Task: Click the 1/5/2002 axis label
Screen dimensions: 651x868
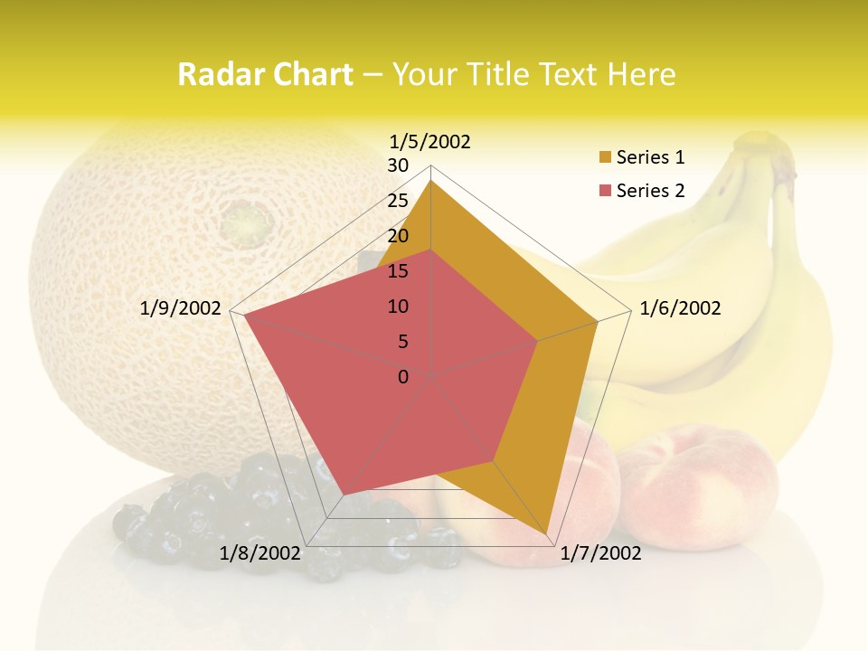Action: click(430, 141)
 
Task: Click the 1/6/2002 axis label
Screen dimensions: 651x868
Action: click(680, 308)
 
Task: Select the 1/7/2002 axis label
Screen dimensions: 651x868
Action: click(600, 552)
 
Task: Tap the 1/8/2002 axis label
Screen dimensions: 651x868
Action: click(259, 552)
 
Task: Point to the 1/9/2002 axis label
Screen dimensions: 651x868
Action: click(181, 308)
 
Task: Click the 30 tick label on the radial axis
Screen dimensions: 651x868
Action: click(398, 165)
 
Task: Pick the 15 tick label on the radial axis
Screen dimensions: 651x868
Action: click(398, 271)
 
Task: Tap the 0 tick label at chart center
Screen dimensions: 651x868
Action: click(403, 376)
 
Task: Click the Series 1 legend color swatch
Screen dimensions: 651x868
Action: click(605, 158)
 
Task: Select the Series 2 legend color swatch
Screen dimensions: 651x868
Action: click(605, 191)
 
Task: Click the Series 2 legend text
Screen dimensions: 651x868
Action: click(650, 191)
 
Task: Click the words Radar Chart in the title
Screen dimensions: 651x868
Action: click(265, 74)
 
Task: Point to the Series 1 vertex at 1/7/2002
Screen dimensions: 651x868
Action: click(547, 533)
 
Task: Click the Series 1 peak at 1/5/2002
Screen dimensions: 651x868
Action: click(431, 181)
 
